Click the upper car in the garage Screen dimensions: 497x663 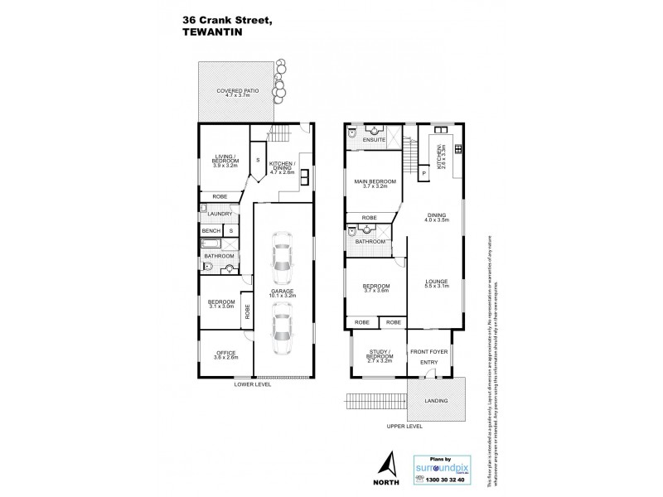coord(283,254)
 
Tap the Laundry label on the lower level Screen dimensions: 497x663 coord(220,214)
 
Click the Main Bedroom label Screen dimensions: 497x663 coord(375,184)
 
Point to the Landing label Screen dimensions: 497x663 coord(436,402)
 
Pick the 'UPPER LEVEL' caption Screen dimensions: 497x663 coord(404,427)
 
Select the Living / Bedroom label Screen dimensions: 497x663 coord(223,160)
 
